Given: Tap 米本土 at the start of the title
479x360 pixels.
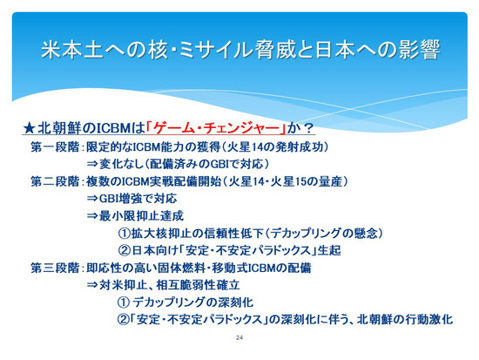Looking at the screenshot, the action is point(71,50).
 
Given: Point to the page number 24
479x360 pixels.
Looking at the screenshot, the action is point(239,337).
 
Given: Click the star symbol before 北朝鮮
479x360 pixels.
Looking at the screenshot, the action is point(30,128).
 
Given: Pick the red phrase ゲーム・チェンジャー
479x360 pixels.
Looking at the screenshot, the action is point(216,128).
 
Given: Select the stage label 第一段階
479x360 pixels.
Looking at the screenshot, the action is point(55,147).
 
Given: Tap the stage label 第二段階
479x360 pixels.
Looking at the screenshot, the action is point(55,181).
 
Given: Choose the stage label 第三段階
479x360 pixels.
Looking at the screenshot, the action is point(55,268).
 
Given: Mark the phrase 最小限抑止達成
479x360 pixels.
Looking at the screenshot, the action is point(141,216).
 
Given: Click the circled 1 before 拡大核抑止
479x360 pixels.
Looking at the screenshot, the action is point(125,234).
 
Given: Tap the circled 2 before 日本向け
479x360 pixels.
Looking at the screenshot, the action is point(125,251).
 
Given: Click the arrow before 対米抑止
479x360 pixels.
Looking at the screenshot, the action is point(92,286).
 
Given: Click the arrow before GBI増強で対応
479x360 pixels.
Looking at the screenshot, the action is point(92,199).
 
